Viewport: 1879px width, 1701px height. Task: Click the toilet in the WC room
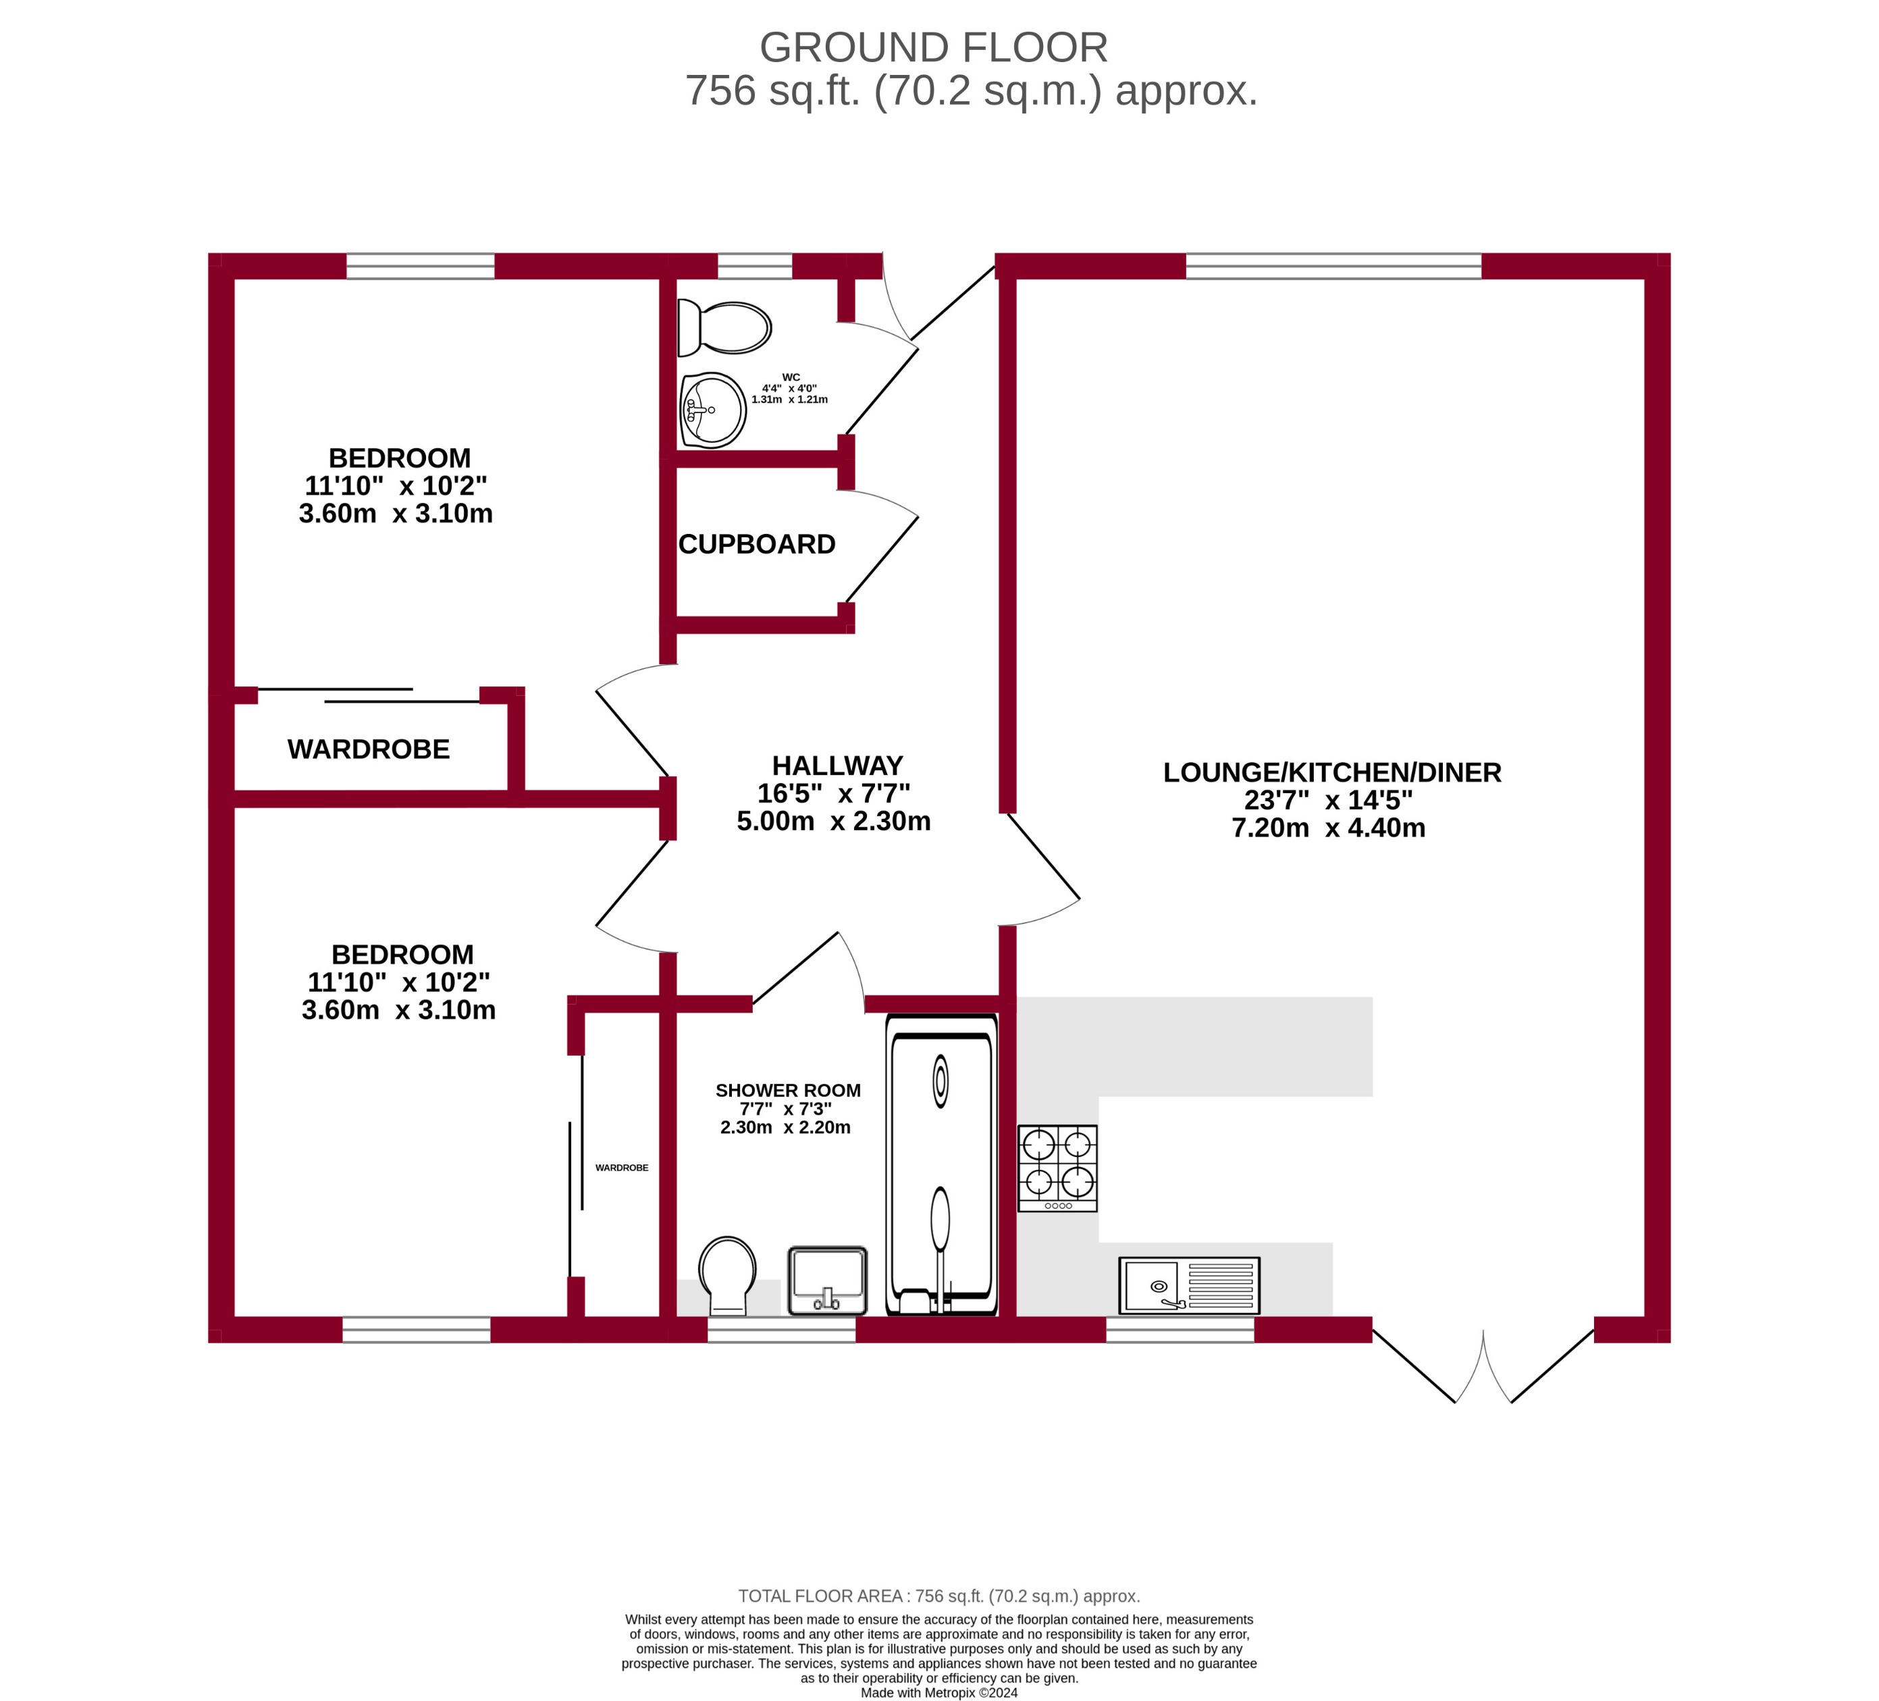(726, 328)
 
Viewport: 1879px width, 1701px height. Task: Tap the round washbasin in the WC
(713, 410)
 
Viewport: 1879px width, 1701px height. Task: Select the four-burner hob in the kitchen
(1058, 1168)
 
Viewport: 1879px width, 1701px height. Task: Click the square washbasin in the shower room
(828, 1280)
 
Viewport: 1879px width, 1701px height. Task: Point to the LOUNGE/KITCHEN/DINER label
(1332, 773)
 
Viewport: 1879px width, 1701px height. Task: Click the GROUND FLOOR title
(933, 47)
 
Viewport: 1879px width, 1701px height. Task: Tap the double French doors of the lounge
(1483, 1368)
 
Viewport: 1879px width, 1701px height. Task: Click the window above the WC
(755, 267)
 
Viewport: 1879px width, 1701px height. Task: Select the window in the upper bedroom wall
(421, 267)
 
